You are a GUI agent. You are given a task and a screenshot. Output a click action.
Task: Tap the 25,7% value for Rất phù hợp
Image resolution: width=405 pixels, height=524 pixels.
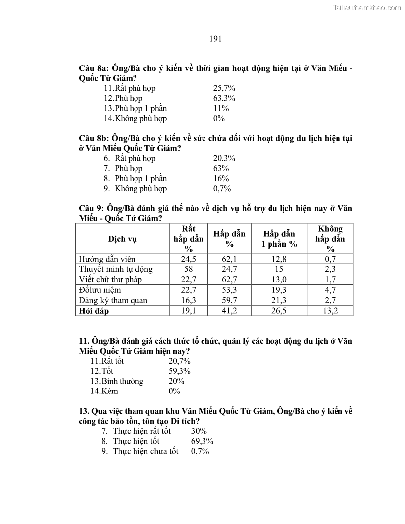[x=224, y=88]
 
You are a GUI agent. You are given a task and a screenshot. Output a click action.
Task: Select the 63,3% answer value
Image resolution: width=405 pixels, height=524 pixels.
[x=224, y=98]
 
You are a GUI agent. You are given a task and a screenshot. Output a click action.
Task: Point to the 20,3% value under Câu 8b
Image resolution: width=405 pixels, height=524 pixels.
[x=224, y=158]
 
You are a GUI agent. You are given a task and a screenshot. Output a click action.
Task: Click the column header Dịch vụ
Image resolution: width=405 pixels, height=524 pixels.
[x=122, y=239]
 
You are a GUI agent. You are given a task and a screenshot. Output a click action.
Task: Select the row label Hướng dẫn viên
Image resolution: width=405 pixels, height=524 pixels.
[x=107, y=259]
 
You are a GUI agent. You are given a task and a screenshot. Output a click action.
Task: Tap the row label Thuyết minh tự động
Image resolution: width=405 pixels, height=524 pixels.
[x=116, y=269]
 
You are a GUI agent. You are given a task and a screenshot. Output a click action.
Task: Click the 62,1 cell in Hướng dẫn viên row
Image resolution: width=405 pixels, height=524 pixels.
[x=229, y=259]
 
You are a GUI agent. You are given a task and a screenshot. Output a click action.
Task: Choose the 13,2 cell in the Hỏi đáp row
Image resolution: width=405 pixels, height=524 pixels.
[x=330, y=311]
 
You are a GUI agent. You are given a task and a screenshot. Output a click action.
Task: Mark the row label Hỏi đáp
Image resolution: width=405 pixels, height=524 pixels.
[x=94, y=311]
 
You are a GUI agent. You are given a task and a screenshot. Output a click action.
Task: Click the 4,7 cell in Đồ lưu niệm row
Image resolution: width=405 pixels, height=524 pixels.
[x=330, y=290]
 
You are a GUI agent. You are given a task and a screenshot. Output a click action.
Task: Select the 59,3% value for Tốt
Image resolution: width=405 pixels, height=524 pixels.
[x=179, y=371]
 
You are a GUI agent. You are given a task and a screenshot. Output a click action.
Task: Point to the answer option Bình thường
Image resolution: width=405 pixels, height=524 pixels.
[x=122, y=381]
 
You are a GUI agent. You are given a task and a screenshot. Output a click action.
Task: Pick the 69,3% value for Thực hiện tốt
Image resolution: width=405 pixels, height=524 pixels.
[x=202, y=441]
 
